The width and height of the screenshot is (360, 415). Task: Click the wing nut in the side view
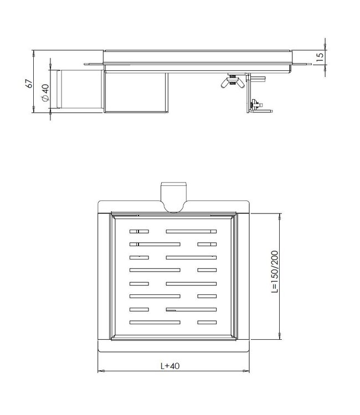point(233,82)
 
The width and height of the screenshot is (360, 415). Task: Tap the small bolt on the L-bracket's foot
point(256,103)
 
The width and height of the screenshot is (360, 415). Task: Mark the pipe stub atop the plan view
point(174,195)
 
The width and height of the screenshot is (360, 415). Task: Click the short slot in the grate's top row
point(139,231)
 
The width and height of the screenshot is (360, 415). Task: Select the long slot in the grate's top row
point(191,231)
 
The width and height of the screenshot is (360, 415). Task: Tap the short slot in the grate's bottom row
point(207,322)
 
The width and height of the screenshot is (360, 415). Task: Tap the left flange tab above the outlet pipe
point(93,65)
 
